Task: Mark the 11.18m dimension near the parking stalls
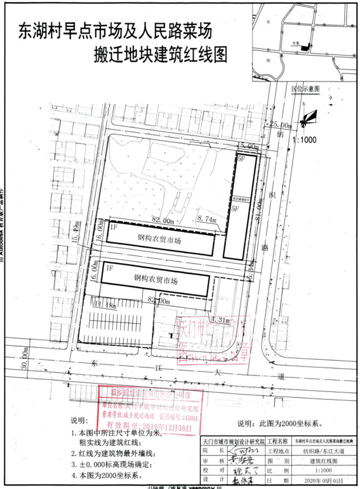pos(105,305)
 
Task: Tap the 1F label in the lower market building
pos(108,269)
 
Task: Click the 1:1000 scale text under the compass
pos(304,140)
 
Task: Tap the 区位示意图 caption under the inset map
pos(305,89)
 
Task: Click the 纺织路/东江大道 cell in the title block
pos(322,451)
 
